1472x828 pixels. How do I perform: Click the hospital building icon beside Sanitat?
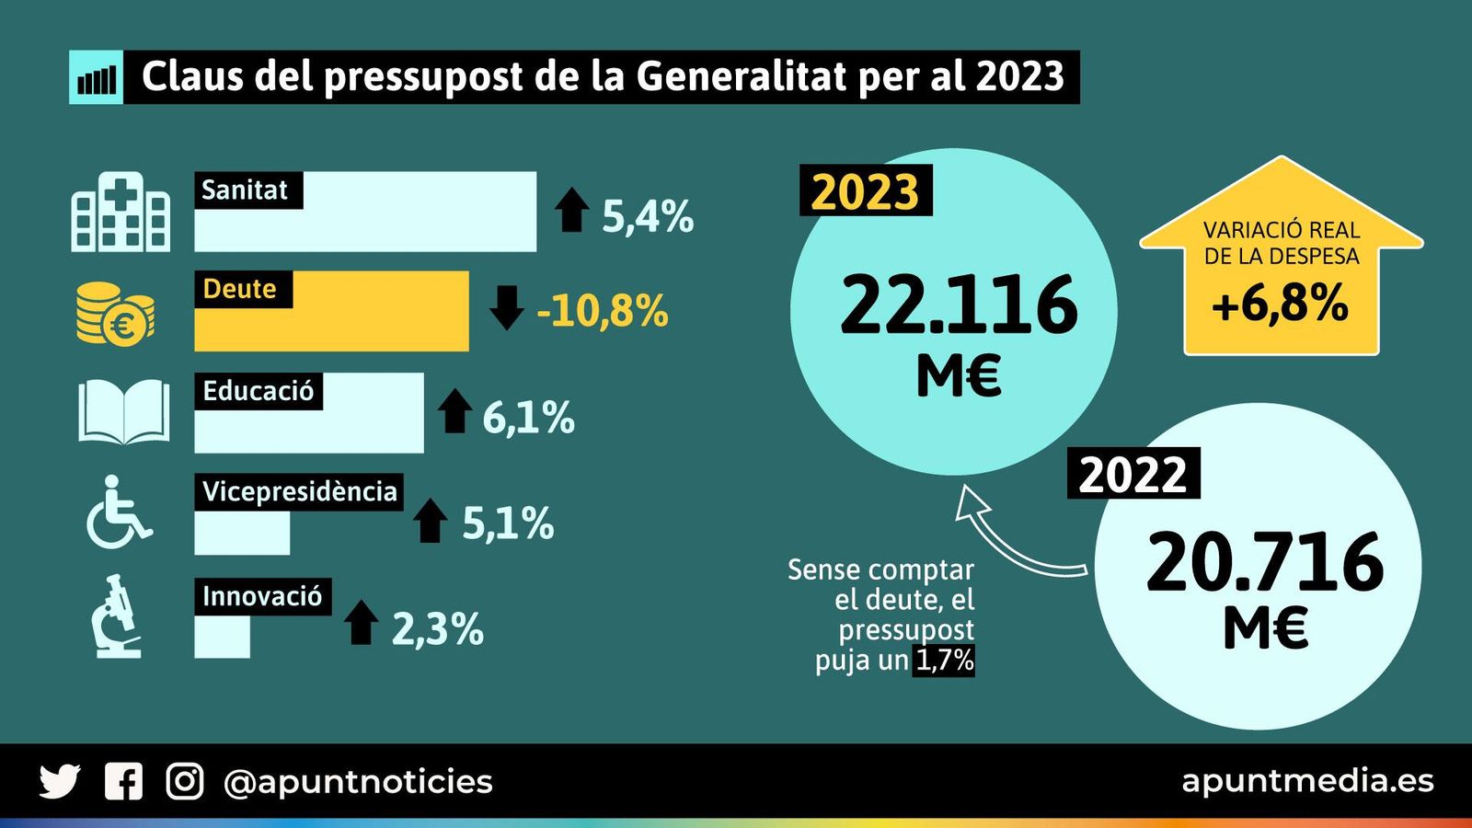click(x=121, y=213)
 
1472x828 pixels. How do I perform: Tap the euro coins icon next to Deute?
click(x=114, y=315)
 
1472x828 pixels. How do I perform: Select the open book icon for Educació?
click(x=123, y=411)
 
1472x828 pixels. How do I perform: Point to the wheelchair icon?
click(x=118, y=513)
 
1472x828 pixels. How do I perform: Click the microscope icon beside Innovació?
click(x=116, y=616)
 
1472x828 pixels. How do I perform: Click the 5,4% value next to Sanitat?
click(x=647, y=217)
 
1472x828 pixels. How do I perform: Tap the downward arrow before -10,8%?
click(x=506, y=307)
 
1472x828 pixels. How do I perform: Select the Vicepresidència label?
click(x=299, y=492)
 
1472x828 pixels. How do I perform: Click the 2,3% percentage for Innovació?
click(x=437, y=630)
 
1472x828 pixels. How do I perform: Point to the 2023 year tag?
click(x=865, y=191)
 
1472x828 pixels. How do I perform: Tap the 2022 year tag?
click(x=1133, y=474)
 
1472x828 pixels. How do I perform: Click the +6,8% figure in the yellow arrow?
click(x=1280, y=304)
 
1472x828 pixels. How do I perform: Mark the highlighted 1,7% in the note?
click(x=944, y=661)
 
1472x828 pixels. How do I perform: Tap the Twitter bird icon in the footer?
click(x=60, y=781)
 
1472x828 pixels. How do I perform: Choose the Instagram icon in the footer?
click(x=184, y=781)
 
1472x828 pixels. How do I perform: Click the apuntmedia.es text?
click(x=1307, y=781)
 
